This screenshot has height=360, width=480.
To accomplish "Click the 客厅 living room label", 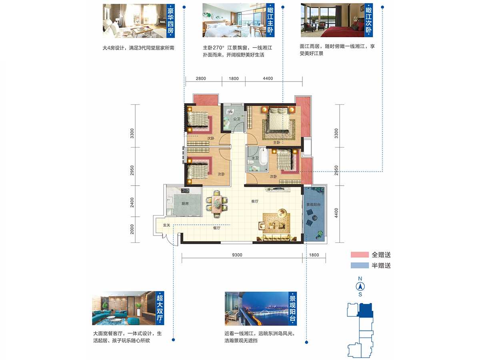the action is [x=254, y=201].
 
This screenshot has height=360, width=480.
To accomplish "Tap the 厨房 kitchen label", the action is [x=185, y=204].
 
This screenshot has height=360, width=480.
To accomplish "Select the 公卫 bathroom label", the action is [x=237, y=119].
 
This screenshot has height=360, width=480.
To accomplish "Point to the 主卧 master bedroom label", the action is [x=276, y=142].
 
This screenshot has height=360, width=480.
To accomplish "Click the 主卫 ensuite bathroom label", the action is [x=255, y=158].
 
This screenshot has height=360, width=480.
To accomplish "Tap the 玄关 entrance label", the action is [x=166, y=225].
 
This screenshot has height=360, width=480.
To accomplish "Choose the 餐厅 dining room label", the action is [x=216, y=228].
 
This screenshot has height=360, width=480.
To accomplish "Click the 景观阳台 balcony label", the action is [x=313, y=204].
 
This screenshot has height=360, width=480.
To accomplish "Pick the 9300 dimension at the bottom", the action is [x=237, y=255].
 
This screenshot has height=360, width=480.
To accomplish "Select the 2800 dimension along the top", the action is [x=201, y=78].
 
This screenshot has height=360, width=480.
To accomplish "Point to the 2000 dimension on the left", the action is [x=132, y=229].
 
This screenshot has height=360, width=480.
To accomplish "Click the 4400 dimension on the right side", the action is [x=336, y=213].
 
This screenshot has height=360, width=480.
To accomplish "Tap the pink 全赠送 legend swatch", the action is [x=360, y=255].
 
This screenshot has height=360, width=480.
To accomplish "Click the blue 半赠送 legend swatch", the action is [x=360, y=265].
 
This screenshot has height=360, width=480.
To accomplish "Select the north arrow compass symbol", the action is [x=360, y=286].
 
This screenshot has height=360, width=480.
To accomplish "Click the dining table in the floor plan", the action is [x=217, y=204].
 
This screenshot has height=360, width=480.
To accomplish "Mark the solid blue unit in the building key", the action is [x=366, y=310].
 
